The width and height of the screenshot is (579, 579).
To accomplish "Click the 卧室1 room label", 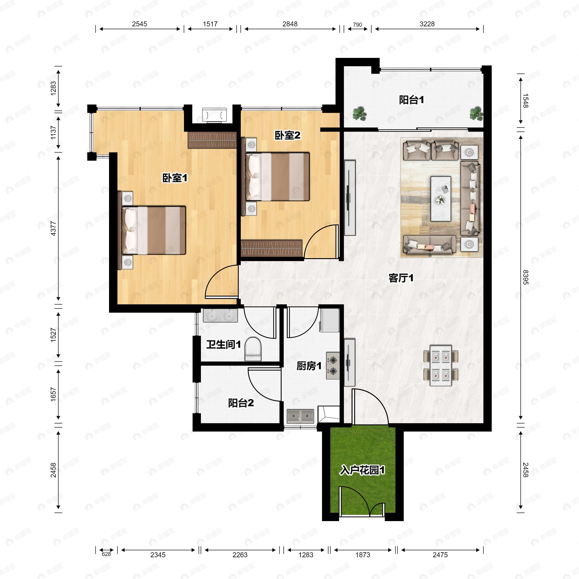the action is [x=175, y=178].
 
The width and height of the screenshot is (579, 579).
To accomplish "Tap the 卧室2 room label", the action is [x=287, y=135].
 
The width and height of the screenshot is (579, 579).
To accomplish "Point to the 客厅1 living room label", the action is [x=401, y=278].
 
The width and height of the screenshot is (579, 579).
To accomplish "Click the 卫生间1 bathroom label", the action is [x=223, y=344].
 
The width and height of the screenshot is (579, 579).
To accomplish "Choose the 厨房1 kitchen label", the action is [x=309, y=366].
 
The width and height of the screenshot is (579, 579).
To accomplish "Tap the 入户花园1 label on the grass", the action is [x=362, y=470].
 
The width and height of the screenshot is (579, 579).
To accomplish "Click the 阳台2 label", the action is [x=241, y=403].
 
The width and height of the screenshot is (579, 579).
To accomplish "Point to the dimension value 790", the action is [x=357, y=25].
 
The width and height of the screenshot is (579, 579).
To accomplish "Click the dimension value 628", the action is [x=106, y=554].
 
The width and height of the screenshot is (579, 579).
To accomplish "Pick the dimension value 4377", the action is [x=53, y=228].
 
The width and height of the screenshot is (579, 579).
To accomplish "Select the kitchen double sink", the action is [x=300, y=416].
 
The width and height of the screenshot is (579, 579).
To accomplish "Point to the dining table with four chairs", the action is [x=441, y=365].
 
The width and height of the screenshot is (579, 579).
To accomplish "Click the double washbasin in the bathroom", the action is [x=220, y=316].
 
